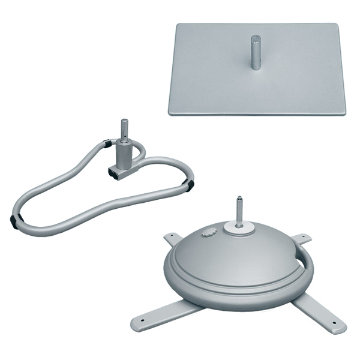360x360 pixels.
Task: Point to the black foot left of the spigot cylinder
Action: pyautogui.click(x=106, y=144)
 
